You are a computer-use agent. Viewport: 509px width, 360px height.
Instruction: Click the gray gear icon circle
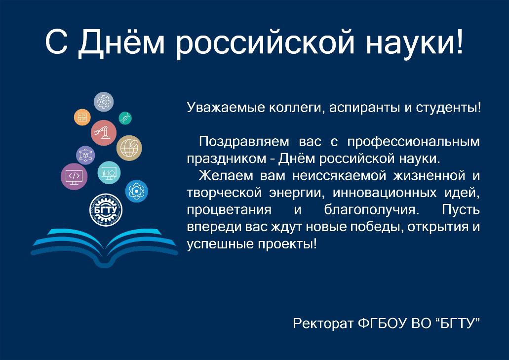[x=104, y=102]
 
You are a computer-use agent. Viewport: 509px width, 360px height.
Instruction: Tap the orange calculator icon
[x=82, y=117]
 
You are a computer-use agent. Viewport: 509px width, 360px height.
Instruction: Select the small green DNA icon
[x=125, y=119]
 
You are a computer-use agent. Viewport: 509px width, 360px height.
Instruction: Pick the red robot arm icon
[x=104, y=133]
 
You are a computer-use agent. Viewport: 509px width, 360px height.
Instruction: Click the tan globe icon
[x=129, y=148]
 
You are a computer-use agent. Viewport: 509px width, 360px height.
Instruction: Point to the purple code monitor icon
[x=74, y=177]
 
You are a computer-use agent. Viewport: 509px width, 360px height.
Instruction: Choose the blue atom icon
[x=137, y=191]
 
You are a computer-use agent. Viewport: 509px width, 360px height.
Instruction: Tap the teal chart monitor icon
[x=109, y=173]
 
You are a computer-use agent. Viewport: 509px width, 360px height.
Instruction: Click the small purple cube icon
[x=85, y=155]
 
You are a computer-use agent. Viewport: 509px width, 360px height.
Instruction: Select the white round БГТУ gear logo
[x=106, y=210]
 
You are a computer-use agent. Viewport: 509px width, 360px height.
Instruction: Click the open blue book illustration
[x=105, y=247]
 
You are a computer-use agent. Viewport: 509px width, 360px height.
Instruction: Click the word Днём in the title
[x=121, y=42]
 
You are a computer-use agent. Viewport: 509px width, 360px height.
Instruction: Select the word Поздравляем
[x=244, y=142]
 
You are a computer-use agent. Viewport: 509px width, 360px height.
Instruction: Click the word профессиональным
[x=413, y=142]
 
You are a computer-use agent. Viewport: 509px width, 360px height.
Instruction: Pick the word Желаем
[x=226, y=176]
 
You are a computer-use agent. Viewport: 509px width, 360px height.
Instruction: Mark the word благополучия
[x=370, y=210]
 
